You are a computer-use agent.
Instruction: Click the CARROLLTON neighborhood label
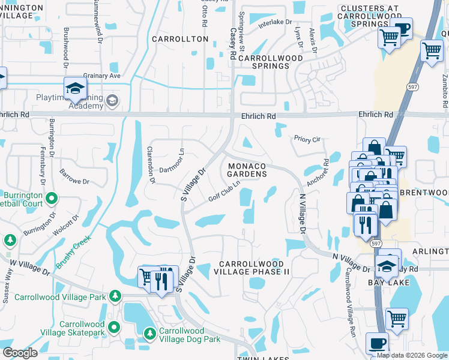coord(179,39)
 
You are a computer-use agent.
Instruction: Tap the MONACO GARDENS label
coord(246,169)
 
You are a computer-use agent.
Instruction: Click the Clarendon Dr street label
coord(152,164)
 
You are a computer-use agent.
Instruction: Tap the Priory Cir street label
coord(307,139)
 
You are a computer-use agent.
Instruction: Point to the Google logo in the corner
coord(20,353)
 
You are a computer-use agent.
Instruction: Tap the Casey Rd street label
coord(232,42)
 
